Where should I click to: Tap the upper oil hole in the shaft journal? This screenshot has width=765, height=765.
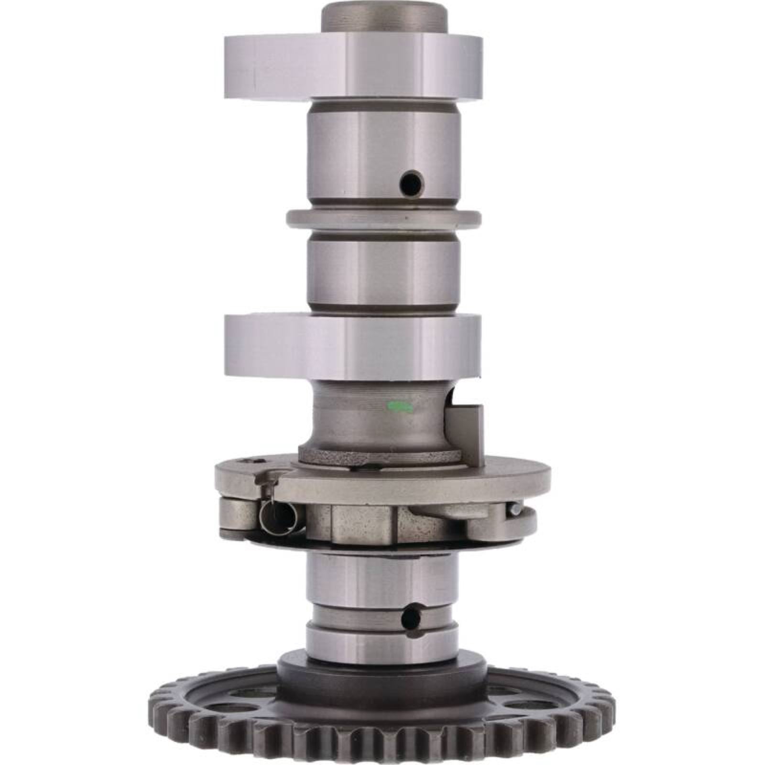(411, 182)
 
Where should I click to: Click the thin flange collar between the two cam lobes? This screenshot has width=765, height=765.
(382, 219)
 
